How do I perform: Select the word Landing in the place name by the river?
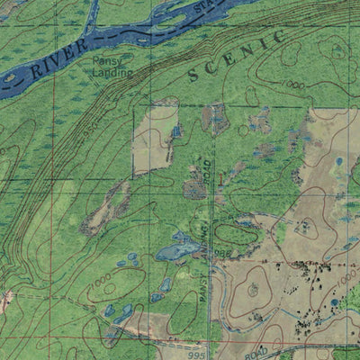(112, 72)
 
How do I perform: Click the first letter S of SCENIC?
(191, 76)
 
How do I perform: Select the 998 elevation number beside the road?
(222, 254)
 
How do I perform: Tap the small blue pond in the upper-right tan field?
(338, 162)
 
